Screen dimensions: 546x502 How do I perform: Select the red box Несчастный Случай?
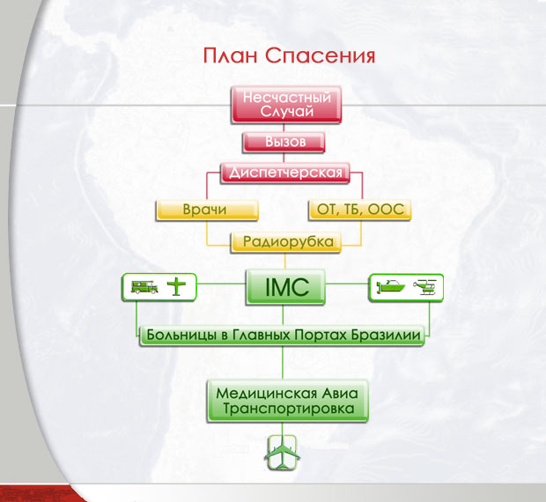pos(286,105)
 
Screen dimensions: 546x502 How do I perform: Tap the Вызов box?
pos(284,142)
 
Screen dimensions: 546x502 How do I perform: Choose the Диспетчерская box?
pos(285,173)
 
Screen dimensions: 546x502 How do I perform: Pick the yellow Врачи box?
pos(207,210)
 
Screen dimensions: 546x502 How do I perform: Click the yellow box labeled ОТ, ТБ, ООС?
pos(360,210)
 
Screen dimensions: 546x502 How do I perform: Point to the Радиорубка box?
pos(286,241)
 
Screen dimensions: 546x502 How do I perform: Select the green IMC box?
pos(285,287)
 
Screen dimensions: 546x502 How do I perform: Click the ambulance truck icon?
pos(144,287)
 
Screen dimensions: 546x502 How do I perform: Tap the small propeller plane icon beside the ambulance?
pos(176,286)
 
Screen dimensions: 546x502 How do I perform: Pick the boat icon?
pos(391,286)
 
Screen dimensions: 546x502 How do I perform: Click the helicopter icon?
pos(425,287)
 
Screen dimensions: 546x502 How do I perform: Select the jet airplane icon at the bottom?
pos(283,453)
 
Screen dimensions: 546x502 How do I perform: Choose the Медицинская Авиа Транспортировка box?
pos(288,401)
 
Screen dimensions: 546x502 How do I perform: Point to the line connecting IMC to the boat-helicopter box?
pos(347,284)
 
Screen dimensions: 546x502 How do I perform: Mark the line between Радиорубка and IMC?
pos(285,261)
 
